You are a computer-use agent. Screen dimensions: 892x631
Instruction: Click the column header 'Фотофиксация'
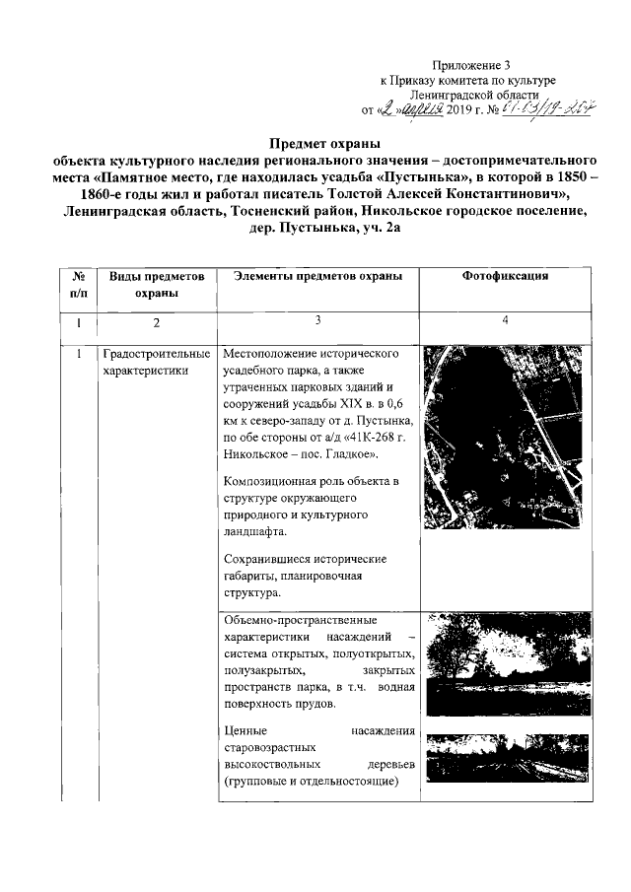tap(505, 277)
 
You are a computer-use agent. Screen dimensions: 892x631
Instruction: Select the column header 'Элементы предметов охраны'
tap(317, 277)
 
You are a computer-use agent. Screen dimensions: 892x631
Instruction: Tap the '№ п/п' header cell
tap(79, 285)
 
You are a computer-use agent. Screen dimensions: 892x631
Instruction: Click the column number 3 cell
tap(317, 320)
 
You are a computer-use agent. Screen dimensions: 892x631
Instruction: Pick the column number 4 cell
tap(505, 320)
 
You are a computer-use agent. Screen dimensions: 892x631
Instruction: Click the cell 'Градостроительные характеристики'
tap(156, 362)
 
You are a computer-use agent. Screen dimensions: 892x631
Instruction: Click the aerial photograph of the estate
tap(505, 430)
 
